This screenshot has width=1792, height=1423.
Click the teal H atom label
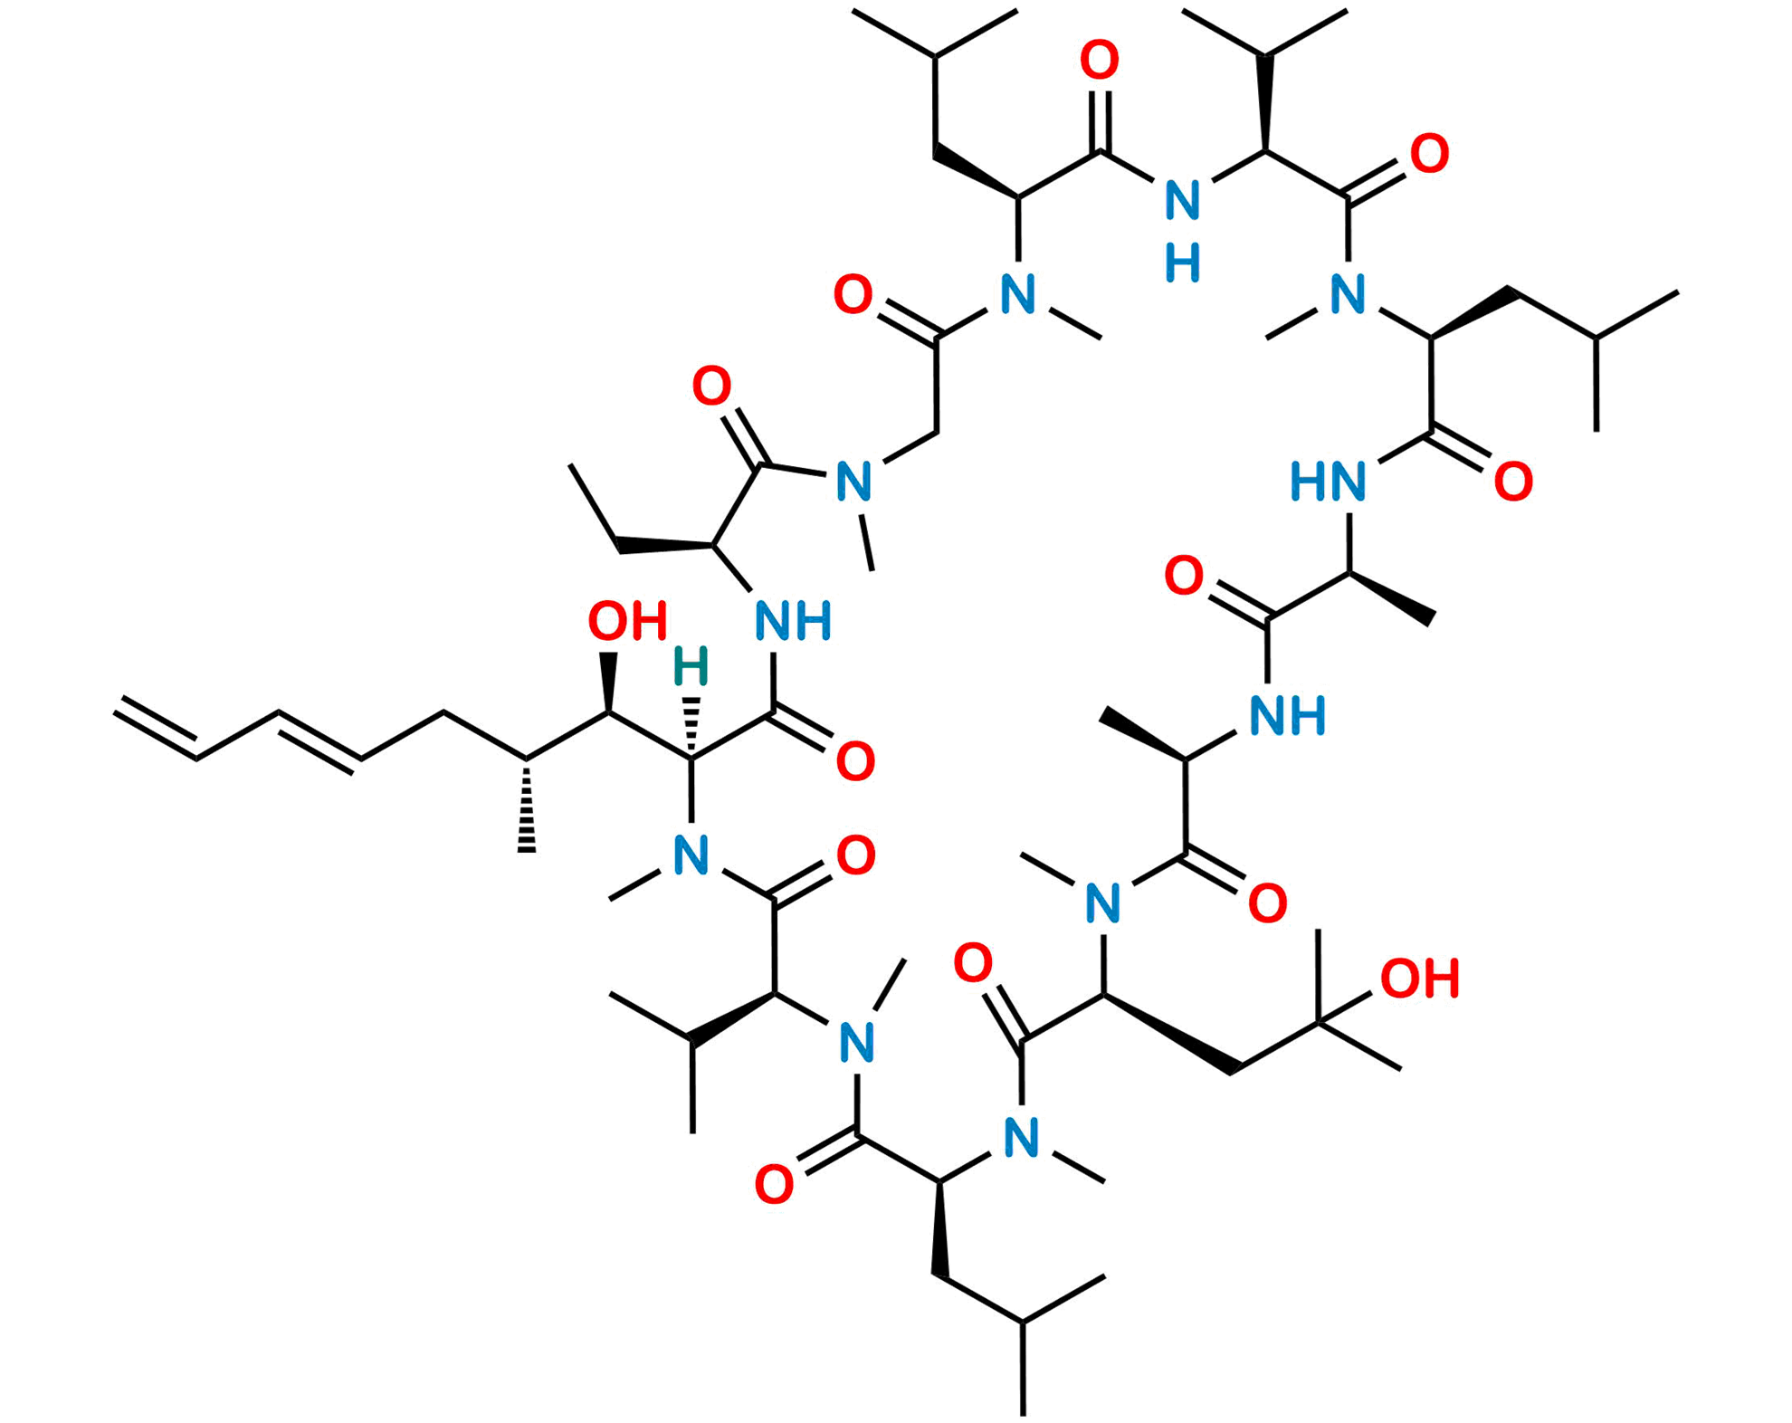pyautogui.click(x=691, y=667)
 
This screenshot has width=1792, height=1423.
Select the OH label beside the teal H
pyautogui.click(x=627, y=622)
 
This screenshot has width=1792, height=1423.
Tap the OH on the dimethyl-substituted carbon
pyautogui.click(x=1419, y=979)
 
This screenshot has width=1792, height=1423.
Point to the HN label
pyautogui.click(x=1329, y=481)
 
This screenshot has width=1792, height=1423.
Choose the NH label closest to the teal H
pyautogui.click(x=793, y=622)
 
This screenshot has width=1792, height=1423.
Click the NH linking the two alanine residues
pyautogui.click(x=1289, y=713)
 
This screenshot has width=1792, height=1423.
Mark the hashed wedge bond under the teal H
pyautogui.click(x=692, y=724)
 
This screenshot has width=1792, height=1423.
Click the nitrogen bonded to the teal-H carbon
pyautogui.click(x=691, y=855)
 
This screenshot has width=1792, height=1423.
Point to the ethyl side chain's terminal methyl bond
pyautogui.click(x=594, y=507)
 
